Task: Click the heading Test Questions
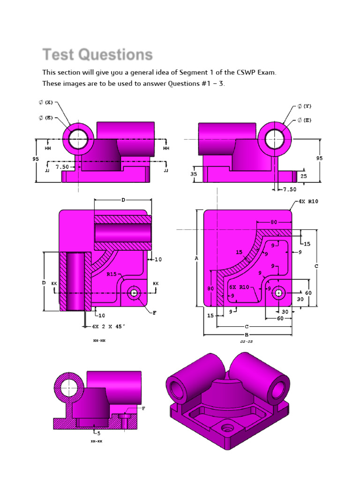tap(97, 55)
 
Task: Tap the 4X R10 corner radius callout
tap(308, 202)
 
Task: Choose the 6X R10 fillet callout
tap(239, 287)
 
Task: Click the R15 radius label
tap(111, 274)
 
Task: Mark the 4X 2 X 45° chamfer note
tap(109, 326)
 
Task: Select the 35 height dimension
tap(194, 173)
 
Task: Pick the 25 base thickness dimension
tap(304, 176)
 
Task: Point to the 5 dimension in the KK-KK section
tap(98, 433)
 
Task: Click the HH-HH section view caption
tap(99, 341)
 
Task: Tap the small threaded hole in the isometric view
tap(228, 427)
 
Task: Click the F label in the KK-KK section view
tap(143, 408)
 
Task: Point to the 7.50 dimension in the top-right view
tap(290, 189)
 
